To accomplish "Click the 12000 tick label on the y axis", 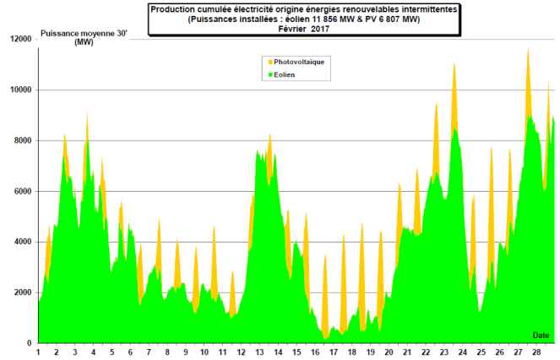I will (x=19, y=39).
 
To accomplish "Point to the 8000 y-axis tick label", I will (x=21, y=140).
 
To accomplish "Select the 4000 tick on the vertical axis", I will (x=21, y=242).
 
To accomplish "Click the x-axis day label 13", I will (x=260, y=352).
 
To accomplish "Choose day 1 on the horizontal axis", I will (x=39, y=352).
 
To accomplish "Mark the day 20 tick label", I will (x=389, y=352).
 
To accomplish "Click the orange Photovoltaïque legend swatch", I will (x=270, y=63).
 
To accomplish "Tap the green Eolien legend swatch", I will (x=270, y=75).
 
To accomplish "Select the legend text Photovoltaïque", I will (x=302, y=63).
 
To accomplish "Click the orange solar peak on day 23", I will (x=454, y=65).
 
